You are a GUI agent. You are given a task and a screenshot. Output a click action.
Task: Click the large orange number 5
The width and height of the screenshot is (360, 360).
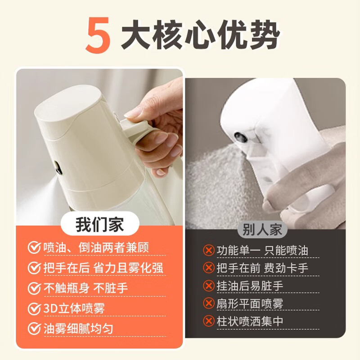pyautogui.click(x=98, y=35)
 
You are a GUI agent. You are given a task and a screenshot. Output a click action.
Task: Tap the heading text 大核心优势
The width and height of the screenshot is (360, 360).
pyautogui.click(x=200, y=35)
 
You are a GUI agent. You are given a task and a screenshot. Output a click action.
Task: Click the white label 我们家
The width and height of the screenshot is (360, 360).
pyautogui.click(x=99, y=224)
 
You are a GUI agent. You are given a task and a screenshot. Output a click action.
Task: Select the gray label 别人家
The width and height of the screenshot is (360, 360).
pyautogui.click(x=262, y=229)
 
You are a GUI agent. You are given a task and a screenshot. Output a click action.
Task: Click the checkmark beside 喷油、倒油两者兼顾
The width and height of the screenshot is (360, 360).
pyautogui.click(x=35, y=247)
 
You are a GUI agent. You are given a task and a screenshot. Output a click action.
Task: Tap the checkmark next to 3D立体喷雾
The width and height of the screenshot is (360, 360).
pyautogui.click(x=35, y=308)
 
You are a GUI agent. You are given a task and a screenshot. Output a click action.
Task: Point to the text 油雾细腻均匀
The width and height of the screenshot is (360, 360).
pyautogui.click(x=78, y=328)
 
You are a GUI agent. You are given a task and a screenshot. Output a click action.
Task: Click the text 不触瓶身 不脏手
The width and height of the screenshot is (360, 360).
pyautogui.click(x=85, y=288)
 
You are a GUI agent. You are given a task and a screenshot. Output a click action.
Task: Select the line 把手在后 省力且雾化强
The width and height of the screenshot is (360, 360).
pyautogui.click(x=103, y=268)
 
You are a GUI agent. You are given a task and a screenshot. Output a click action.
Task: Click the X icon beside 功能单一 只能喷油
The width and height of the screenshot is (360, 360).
pyautogui.click(x=209, y=250)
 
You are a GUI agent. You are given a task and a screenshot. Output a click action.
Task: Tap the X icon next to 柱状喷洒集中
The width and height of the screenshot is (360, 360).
pyautogui.click(x=209, y=321)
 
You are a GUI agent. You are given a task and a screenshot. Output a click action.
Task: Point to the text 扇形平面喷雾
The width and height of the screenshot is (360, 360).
pyautogui.click(x=250, y=303)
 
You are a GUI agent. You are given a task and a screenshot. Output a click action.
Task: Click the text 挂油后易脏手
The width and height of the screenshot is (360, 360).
pyautogui.click(x=250, y=286)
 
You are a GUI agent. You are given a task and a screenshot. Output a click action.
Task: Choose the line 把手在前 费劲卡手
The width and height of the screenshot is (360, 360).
pyautogui.click(x=262, y=268)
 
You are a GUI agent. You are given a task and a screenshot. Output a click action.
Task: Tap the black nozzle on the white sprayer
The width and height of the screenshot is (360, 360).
pyautogui.click(x=240, y=137)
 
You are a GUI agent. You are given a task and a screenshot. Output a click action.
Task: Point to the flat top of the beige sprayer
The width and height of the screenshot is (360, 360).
pyautogui.click(x=69, y=101)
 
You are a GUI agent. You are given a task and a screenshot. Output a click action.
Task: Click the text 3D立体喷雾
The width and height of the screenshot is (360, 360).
pyautogui.click(x=74, y=308)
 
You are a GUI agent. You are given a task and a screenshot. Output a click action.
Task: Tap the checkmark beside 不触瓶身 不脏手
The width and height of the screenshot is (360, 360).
pyautogui.click(x=35, y=288)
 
